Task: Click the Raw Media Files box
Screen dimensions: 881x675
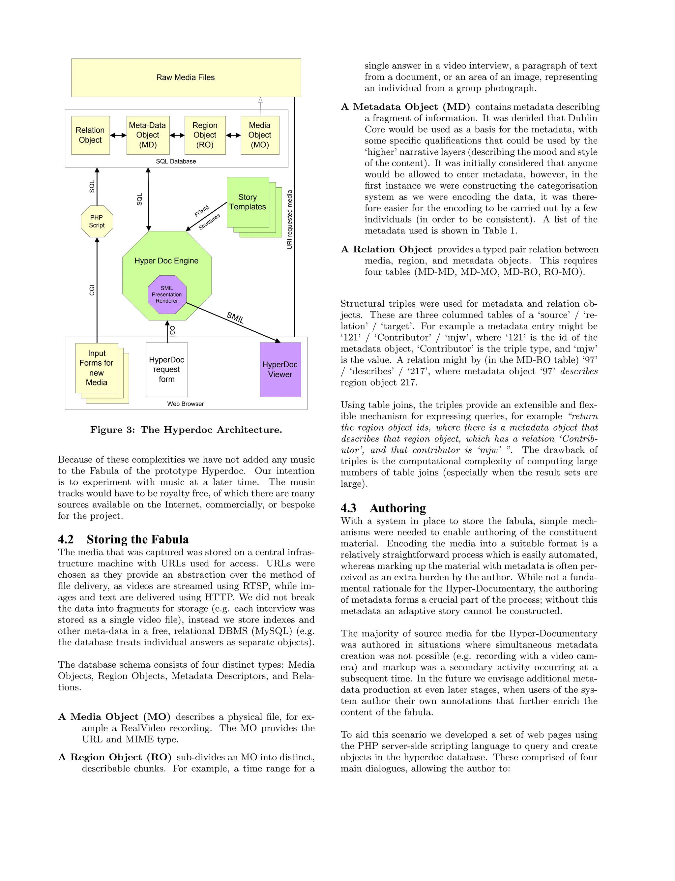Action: coord(186,77)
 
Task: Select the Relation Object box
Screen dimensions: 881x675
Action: coord(90,135)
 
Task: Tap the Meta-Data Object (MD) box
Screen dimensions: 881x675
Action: coord(148,135)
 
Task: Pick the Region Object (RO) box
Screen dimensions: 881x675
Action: coord(205,135)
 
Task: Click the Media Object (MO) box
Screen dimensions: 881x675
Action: coord(260,135)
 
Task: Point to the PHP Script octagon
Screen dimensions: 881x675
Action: coord(97,222)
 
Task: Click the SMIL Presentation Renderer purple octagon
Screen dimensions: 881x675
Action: coord(167,295)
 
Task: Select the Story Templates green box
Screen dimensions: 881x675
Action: coord(248,202)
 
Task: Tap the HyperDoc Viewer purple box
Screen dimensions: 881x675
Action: coord(280,369)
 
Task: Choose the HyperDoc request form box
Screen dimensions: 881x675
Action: coord(167,369)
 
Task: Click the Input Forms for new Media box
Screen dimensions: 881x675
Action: coord(97,368)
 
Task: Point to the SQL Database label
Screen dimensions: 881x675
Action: coord(176,162)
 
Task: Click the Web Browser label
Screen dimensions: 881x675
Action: coord(185,404)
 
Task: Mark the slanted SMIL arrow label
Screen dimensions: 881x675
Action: coord(235,318)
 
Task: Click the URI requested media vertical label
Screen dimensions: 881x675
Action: coord(290,220)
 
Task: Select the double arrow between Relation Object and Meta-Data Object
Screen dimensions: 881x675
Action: coord(118,136)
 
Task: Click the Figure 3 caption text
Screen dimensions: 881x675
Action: coord(186,430)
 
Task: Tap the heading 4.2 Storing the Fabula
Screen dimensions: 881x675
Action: coord(123,539)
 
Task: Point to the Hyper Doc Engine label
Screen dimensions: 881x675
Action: coord(166,261)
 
